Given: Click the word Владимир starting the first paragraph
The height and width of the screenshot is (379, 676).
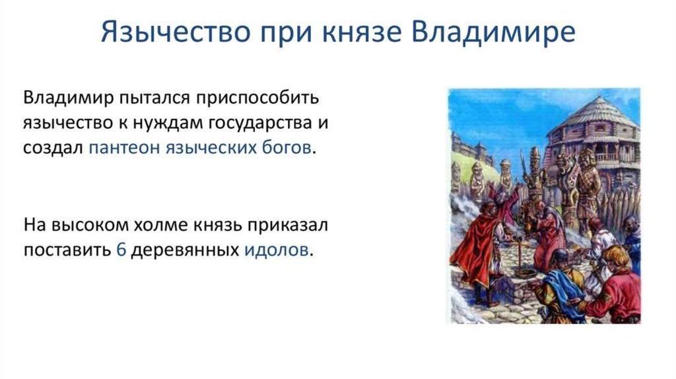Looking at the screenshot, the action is [68, 98].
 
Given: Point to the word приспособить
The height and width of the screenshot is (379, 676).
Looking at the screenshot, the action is [257, 98].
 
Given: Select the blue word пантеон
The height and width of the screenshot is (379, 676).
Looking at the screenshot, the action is [124, 149].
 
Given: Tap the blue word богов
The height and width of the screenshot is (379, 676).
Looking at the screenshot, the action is [287, 147].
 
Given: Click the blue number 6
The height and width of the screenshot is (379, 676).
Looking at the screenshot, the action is [121, 250].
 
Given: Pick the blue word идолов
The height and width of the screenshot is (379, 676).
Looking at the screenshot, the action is [277, 250].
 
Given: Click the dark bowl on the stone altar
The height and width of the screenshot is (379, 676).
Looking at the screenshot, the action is [525, 273].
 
